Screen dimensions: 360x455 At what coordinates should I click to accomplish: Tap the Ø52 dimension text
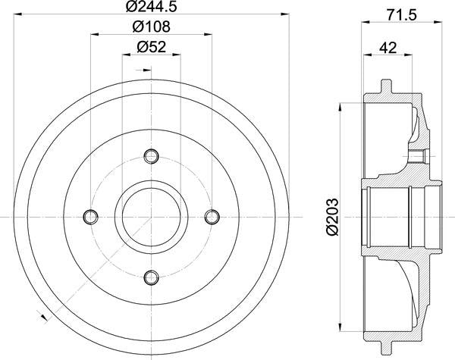(x=152, y=47)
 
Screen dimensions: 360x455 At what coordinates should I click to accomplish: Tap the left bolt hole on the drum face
(x=92, y=216)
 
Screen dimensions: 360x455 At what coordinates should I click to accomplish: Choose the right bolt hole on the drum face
(x=212, y=216)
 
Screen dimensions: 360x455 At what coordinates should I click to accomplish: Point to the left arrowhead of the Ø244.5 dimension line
(x=20, y=14)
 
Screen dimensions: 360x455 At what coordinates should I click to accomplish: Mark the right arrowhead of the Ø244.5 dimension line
(x=284, y=14)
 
